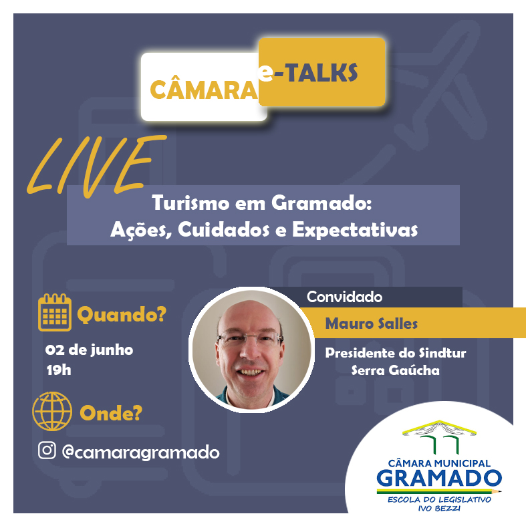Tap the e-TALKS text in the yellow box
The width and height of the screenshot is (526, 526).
(x=307, y=72)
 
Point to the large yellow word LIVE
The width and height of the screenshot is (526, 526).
(x=96, y=166)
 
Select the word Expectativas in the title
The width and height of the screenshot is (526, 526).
(x=355, y=231)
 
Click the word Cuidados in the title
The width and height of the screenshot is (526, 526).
(x=224, y=230)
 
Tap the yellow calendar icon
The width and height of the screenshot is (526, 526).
(x=55, y=312)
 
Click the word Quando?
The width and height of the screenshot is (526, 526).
(x=122, y=315)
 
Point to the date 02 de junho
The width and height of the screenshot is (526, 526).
(x=90, y=350)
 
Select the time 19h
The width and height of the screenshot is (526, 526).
(x=59, y=370)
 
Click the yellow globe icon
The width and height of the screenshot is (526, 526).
(x=52, y=411)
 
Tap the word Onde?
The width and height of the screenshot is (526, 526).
(x=111, y=413)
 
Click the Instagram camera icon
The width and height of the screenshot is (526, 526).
(x=47, y=450)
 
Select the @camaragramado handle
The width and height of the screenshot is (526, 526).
(x=141, y=453)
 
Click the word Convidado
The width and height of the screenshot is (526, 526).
(x=344, y=297)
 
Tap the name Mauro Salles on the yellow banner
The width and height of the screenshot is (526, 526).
(x=372, y=323)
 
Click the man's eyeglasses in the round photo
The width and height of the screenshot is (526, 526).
(x=250, y=339)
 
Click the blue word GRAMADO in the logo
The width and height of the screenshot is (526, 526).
(x=439, y=479)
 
